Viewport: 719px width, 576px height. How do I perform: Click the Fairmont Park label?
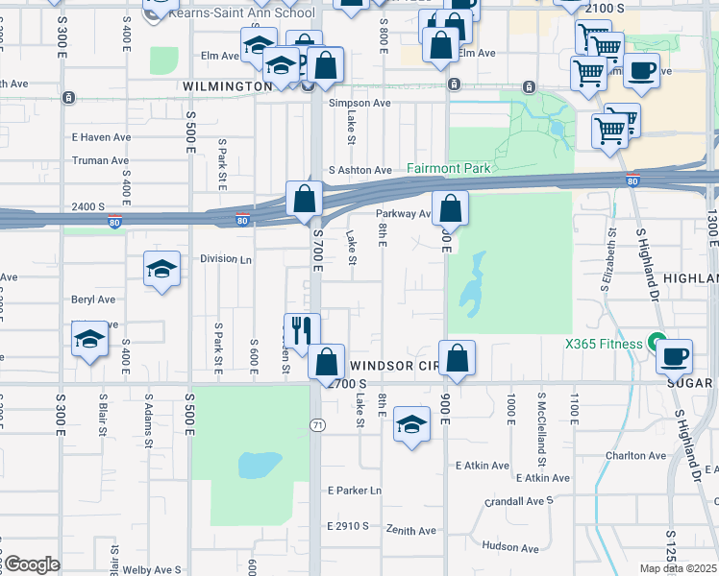[x=448, y=168]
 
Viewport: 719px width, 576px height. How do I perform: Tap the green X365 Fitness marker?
[x=657, y=343]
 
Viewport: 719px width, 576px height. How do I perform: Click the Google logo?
[x=31, y=564]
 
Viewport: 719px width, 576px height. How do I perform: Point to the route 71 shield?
[x=316, y=424]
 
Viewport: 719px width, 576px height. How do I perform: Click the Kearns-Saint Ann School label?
[x=240, y=13]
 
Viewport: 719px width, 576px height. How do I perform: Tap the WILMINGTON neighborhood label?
[x=227, y=86]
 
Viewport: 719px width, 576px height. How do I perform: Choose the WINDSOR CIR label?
[x=394, y=366]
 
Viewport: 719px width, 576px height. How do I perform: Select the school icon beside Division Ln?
[x=161, y=269]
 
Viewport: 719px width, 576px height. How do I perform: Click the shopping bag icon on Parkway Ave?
[x=449, y=208]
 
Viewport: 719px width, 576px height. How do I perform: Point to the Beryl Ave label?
[x=93, y=300]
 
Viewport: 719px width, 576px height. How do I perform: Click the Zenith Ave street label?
[x=410, y=531]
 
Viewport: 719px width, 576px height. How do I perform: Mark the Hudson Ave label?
[x=509, y=546]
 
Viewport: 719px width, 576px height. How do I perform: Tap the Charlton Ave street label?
[x=635, y=456]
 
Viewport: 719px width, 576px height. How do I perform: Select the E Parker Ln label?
[x=354, y=491]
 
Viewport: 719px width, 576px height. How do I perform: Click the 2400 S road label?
[x=89, y=205]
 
